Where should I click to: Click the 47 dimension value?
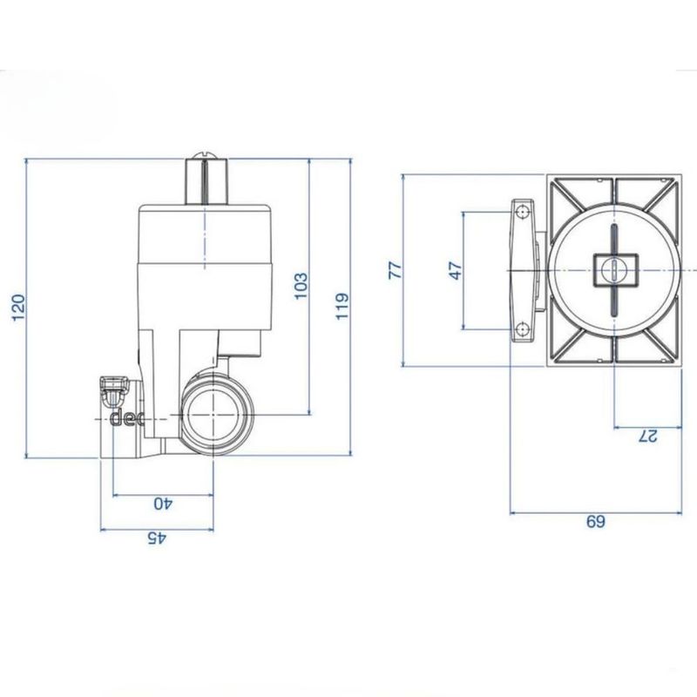point(453,269)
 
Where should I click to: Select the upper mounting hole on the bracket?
point(521,212)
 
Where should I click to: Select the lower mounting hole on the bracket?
point(521,328)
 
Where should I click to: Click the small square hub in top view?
point(613,267)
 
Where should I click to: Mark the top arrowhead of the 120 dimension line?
point(29,162)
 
